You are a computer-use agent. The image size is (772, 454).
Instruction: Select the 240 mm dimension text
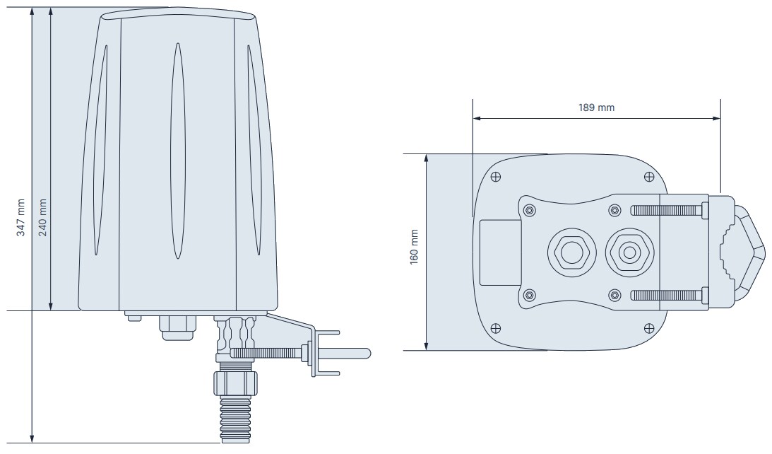tap(42, 218)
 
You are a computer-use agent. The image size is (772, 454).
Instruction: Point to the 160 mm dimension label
tap(415, 246)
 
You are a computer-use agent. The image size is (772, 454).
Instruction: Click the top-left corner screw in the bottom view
tap(496, 176)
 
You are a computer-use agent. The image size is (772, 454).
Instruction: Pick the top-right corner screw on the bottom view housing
tap(649, 176)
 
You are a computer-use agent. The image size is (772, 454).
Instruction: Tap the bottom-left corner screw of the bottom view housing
tap(496, 327)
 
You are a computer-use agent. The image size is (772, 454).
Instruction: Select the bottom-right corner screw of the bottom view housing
tap(649, 327)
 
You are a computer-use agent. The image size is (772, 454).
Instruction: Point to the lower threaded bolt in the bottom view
tap(667, 294)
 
